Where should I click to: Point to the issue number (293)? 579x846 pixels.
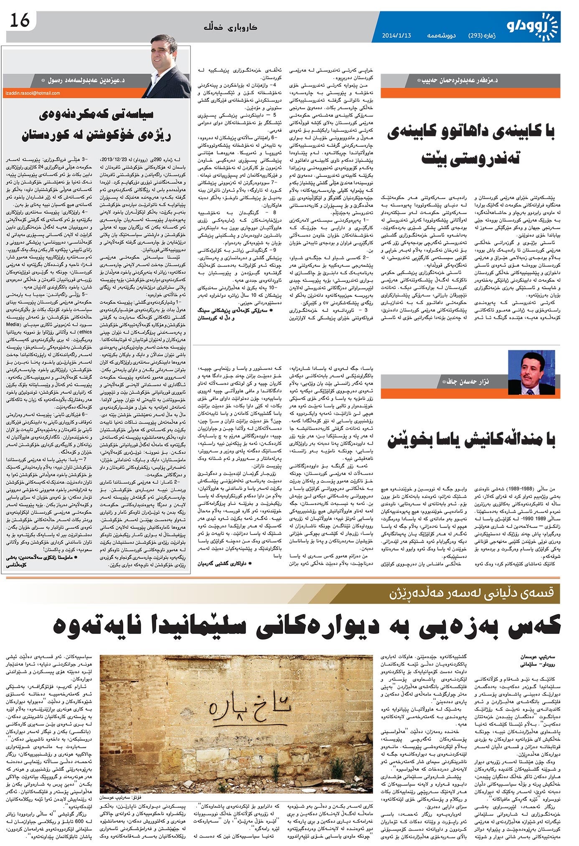(x=476, y=36)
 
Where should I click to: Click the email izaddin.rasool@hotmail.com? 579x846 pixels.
(x=33, y=93)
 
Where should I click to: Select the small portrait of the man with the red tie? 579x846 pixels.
(x=534, y=372)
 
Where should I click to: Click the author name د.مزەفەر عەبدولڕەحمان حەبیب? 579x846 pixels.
(x=459, y=80)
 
